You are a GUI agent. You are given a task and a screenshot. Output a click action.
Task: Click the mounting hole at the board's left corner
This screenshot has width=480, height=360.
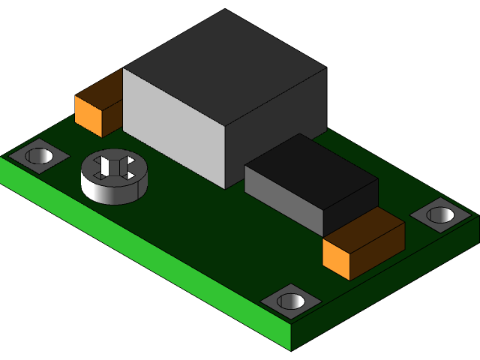[x=39, y=157]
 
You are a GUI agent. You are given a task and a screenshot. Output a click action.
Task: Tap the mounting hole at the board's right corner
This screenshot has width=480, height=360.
[x=440, y=215]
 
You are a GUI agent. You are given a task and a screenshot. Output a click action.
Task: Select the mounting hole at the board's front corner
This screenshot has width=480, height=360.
[x=291, y=301]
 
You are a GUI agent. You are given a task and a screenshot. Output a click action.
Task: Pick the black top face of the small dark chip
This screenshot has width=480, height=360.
[x=311, y=169]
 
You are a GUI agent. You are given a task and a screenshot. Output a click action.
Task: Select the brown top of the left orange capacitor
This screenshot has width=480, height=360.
[x=101, y=88]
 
